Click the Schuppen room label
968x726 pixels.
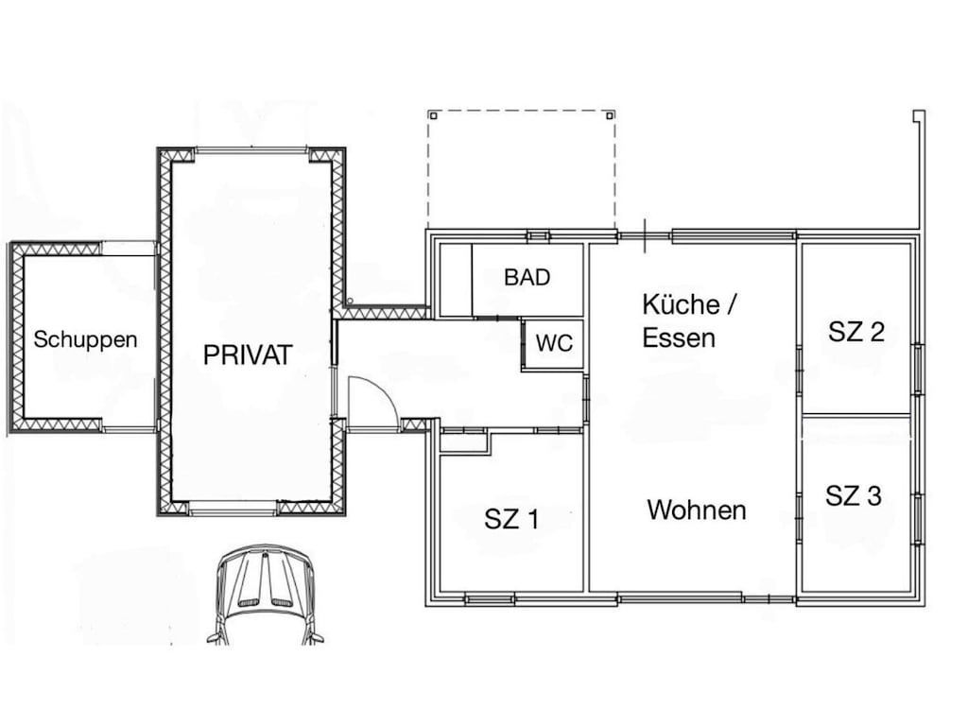pos(85,340)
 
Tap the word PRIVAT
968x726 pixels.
pos(248,355)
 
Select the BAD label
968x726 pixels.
pos(527,277)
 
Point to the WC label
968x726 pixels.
pos(554,343)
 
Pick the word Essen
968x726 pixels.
pos(679,337)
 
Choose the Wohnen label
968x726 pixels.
pos(697,510)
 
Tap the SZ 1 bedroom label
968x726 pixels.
pos(511,519)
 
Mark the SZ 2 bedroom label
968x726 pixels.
pos(856,332)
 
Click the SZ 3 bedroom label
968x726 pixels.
pos(854,495)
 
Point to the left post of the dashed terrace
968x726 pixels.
pos(433,115)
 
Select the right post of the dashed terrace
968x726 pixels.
pos(610,115)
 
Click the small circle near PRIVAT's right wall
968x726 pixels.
pos(350,301)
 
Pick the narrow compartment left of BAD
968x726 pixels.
pos(455,280)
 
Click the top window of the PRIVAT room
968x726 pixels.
pos(251,150)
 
